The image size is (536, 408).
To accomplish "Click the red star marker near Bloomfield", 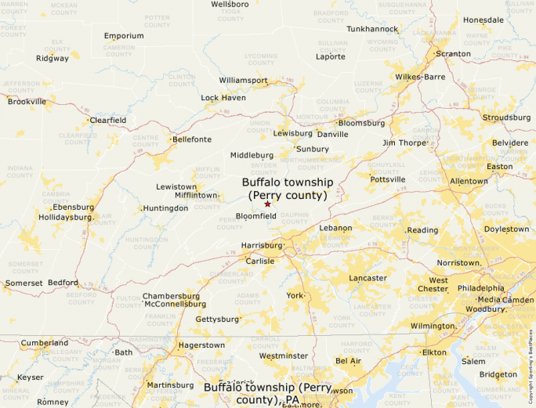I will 267,204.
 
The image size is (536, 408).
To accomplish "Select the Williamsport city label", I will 243,81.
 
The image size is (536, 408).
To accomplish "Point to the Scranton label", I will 453,54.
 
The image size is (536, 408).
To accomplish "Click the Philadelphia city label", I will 482,288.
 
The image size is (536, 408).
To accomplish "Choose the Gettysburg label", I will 216,320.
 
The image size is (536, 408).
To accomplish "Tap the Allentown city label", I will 469,181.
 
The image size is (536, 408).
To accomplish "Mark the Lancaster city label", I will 368,278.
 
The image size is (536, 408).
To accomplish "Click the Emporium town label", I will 124,36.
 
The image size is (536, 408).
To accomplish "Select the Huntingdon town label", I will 165,208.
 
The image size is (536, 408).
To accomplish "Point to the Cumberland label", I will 44,343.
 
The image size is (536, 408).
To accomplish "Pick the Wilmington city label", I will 432,326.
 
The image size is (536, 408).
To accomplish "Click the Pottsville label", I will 388,179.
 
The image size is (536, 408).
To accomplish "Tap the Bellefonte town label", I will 192,139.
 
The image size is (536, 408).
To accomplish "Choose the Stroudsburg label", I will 506,117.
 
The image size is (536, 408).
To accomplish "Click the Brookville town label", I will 27,101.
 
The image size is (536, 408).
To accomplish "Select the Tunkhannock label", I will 372,29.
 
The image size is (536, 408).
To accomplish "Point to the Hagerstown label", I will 201,345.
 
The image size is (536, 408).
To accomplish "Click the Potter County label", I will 157,20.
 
